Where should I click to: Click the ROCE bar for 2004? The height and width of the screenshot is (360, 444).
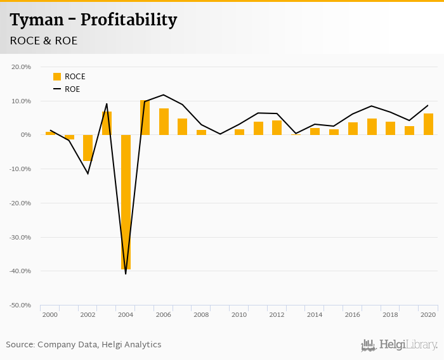click(x=126, y=202)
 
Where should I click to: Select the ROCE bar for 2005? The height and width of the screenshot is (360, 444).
click(x=145, y=118)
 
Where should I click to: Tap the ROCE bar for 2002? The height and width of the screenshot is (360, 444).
click(x=88, y=148)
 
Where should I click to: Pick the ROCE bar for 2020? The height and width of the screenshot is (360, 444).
click(x=429, y=124)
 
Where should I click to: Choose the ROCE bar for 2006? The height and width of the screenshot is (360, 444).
click(x=164, y=122)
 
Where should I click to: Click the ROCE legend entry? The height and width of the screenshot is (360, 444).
click(x=69, y=77)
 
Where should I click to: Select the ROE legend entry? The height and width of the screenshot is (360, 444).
click(x=67, y=89)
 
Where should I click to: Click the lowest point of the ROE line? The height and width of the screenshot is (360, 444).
click(x=126, y=274)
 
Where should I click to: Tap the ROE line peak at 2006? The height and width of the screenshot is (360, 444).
click(x=164, y=95)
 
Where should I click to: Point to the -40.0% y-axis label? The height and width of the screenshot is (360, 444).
click(x=21, y=271)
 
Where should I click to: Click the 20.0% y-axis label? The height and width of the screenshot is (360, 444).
click(x=22, y=67)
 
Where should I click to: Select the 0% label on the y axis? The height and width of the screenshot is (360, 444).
click(x=25, y=135)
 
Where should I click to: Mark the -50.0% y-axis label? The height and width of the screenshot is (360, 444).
click(x=21, y=305)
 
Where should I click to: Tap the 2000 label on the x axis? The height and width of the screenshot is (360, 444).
click(x=50, y=315)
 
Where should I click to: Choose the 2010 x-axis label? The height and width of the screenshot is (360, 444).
click(x=239, y=315)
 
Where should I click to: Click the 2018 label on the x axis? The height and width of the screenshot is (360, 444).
click(x=391, y=315)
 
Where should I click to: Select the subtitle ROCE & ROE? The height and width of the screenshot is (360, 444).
click(x=44, y=41)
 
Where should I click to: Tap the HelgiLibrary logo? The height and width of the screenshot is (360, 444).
click(x=400, y=345)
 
